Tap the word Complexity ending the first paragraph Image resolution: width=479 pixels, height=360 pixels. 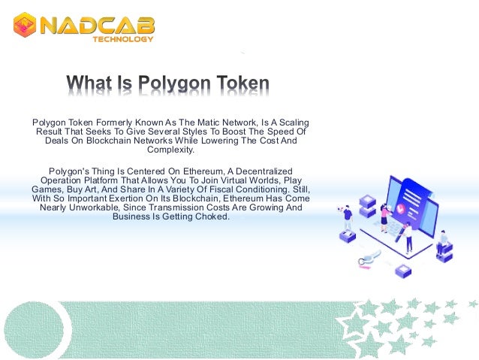pyautogui.click(x=171, y=150)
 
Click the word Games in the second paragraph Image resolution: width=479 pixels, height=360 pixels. pyautogui.click(x=47, y=190)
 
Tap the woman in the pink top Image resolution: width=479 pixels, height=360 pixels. pyautogui.click(x=384, y=218)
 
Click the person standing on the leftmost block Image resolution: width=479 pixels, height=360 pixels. pyautogui.click(x=348, y=219)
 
